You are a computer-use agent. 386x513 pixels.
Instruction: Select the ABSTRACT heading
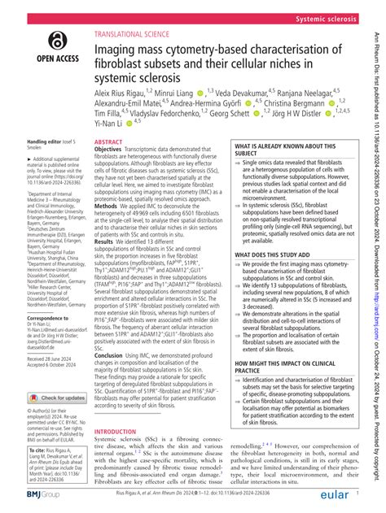pyautogui.click(x=109, y=141)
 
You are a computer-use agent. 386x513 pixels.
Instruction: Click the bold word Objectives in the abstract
pyautogui.click(x=112, y=150)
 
